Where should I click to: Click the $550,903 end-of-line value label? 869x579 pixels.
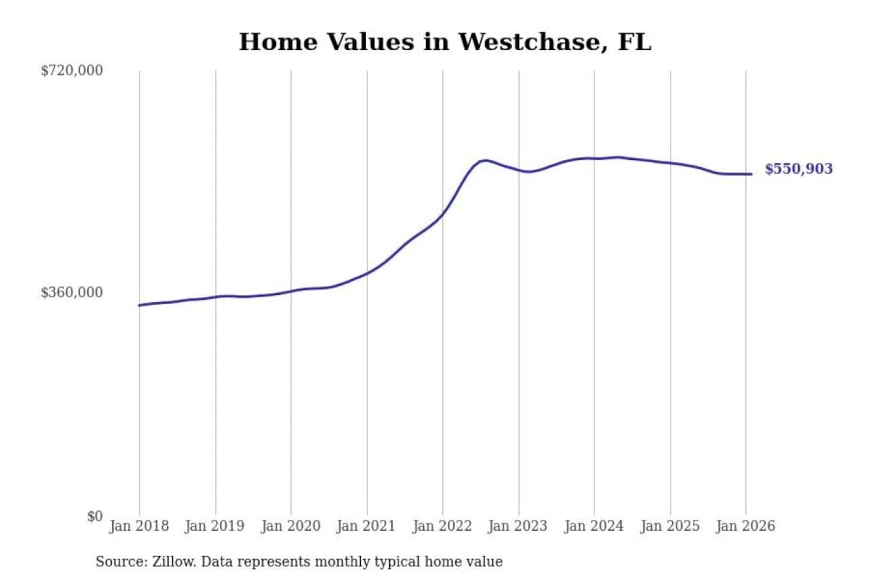[798, 169]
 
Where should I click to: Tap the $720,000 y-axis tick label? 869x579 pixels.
[72, 71]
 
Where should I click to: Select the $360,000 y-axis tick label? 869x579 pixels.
[72, 293]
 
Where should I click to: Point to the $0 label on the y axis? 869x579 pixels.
[95, 516]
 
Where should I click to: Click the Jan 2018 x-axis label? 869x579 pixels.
[139, 526]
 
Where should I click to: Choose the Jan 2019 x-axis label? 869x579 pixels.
[215, 526]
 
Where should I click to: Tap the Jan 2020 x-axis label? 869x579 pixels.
[290, 526]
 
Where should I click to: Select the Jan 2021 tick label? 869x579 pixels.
[366, 526]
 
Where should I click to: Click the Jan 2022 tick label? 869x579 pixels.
[442, 526]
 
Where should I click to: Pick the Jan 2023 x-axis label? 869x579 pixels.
[517, 526]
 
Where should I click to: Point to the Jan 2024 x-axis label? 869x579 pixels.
[593, 526]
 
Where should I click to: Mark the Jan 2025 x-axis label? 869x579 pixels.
[669, 526]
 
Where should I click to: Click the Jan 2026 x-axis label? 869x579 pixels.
[745, 526]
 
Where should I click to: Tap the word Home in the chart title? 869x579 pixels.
[278, 42]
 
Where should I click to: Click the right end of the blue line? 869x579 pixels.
[751, 174]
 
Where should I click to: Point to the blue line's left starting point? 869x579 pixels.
[139, 305]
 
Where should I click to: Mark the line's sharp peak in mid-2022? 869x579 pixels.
[485, 160]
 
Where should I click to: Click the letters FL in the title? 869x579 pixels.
[634, 42]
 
